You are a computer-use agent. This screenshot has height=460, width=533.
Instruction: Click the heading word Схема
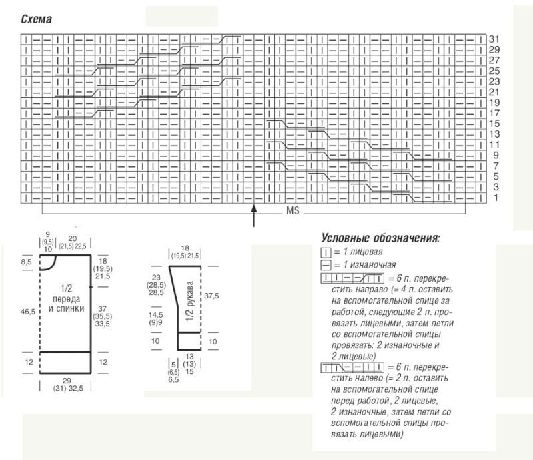[37, 19]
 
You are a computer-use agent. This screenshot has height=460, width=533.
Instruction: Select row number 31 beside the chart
[494, 39]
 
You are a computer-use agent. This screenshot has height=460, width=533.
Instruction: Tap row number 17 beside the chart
[494, 113]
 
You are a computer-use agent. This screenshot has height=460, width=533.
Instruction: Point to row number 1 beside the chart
[496, 198]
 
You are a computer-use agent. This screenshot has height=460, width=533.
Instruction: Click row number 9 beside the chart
[496, 155]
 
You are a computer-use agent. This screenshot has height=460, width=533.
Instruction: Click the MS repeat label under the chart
[292, 210]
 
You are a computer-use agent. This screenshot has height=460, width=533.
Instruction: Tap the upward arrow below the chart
[254, 215]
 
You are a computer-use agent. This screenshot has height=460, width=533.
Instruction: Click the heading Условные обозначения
[380, 238]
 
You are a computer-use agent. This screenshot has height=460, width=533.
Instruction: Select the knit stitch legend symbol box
[326, 252]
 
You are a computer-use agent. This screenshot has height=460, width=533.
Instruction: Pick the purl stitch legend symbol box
[326, 265]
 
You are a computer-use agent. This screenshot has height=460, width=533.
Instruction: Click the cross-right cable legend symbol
[352, 278]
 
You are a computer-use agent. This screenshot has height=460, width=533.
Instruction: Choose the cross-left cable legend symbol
[352, 367]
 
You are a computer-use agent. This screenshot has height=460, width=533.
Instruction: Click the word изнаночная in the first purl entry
[373, 265]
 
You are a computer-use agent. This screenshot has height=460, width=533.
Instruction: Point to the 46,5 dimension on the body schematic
[28, 311]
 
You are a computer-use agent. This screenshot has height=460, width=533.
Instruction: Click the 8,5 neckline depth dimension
[26, 262]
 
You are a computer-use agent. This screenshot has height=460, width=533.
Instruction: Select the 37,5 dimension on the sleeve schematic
[211, 296]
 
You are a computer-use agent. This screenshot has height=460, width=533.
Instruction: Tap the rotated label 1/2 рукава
[190, 301]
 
